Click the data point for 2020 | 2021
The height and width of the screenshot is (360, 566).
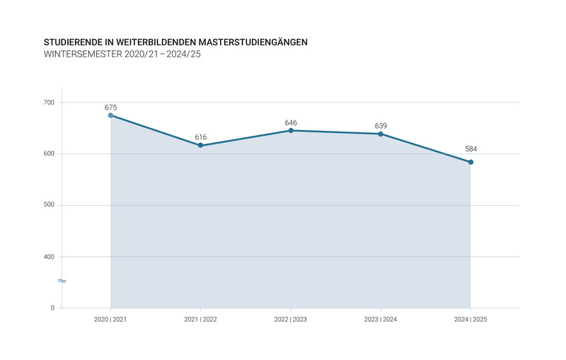(110, 115)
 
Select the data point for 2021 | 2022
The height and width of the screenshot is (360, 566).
(201, 146)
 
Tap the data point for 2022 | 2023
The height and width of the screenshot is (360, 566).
(291, 130)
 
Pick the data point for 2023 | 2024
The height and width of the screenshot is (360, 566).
(381, 134)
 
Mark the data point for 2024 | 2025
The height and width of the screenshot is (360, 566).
(470, 162)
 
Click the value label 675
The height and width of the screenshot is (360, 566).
(110, 108)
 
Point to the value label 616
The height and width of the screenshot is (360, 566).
(201, 137)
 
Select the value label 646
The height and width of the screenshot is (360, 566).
(291, 122)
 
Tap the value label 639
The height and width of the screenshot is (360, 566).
(381, 126)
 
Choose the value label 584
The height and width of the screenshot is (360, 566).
(470, 149)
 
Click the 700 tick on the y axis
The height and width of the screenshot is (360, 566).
(49, 103)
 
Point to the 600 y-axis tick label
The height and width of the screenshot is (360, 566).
(49, 154)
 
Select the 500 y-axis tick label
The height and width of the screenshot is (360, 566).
(49, 205)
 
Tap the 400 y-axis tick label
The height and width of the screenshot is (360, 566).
(49, 257)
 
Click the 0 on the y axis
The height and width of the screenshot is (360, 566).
(52, 308)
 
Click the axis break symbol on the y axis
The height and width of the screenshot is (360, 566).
(62, 281)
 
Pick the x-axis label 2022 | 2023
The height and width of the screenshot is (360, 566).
(291, 320)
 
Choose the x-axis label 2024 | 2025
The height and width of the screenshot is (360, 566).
(470, 320)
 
